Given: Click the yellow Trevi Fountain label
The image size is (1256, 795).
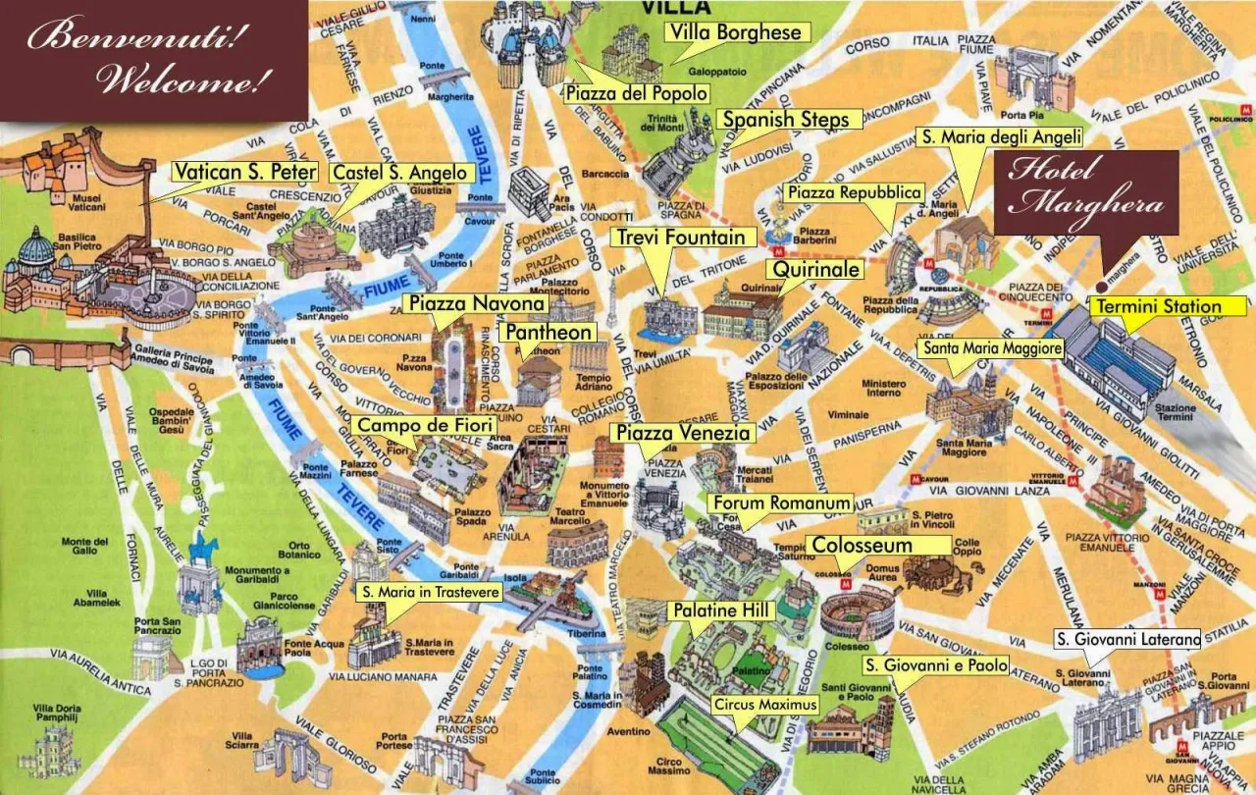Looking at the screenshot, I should (684, 238).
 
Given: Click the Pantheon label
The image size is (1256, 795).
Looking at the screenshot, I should (549, 333).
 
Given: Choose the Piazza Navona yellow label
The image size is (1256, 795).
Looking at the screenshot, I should (475, 304).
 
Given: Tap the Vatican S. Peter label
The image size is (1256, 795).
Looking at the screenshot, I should (244, 173).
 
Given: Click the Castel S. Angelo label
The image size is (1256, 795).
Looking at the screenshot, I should (400, 173).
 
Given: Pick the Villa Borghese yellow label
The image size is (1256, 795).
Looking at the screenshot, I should (736, 33).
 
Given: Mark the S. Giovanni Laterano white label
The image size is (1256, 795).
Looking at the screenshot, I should (1126, 640).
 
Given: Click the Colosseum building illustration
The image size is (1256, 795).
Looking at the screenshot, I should (858, 613).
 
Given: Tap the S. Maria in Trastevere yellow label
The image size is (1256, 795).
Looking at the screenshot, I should (430, 593).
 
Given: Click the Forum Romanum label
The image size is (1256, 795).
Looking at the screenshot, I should (780, 503).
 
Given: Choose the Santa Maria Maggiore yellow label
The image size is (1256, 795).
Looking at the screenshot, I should (990, 348).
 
